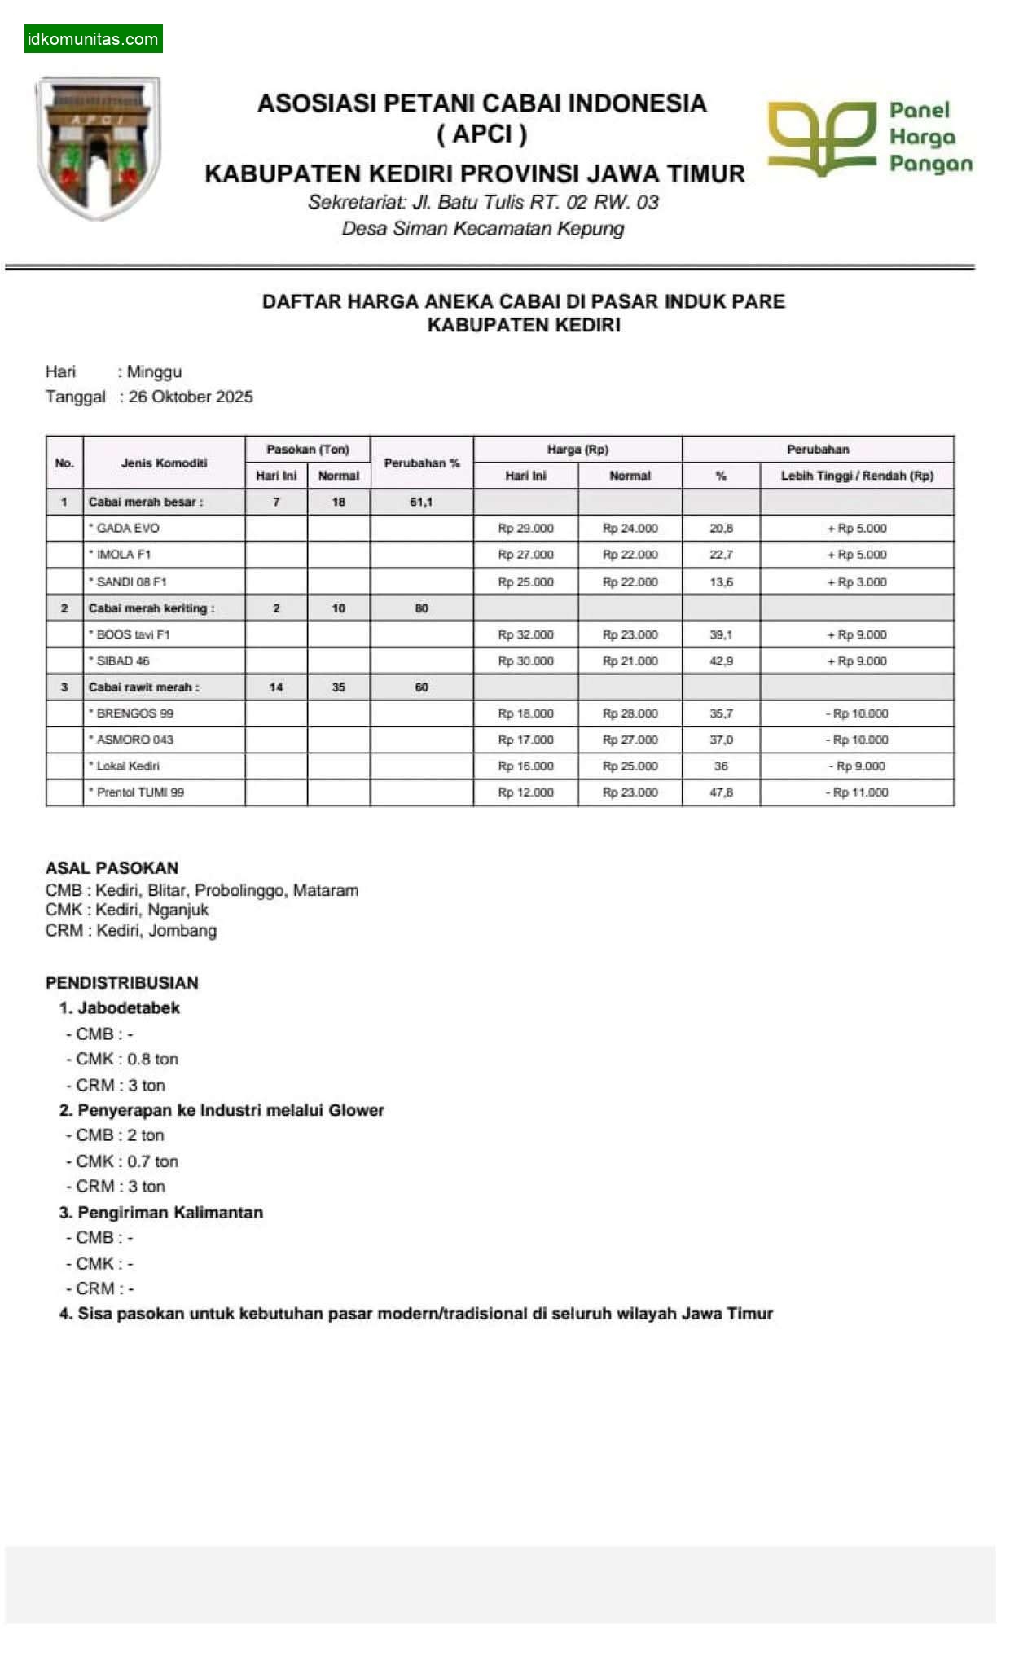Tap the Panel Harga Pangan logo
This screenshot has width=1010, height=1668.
pyautogui.click(x=869, y=138)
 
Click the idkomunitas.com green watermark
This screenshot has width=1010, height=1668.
pyautogui.click(x=93, y=38)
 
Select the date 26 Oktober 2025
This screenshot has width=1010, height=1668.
pyautogui.click(x=191, y=397)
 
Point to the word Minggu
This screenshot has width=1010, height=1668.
pyautogui.click(x=154, y=371)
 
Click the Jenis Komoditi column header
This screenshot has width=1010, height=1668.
pyautogui.click(x=164, y=463)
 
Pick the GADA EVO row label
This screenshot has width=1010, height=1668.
pyautogui.click(x=127, y=528)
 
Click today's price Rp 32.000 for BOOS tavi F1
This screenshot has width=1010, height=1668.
pyautogui.click(x=525, y=634)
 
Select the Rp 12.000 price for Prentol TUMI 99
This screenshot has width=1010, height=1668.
pyautogui.click(x=525, y=792)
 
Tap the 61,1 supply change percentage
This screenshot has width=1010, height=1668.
pyautogui.click(x=421, y=502)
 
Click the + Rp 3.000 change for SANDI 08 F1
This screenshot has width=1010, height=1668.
pyautogui.click(x=857, y=582)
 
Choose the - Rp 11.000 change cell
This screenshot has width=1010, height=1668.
pyautogui.click(x=857, y=792)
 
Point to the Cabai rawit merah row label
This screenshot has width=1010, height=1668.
pyautogui.click(x=143, y=687)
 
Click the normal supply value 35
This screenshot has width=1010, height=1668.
pyautogui.click(x=338, y=687)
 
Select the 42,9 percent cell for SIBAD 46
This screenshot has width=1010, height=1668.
pyautogui.click(x=721, y=661)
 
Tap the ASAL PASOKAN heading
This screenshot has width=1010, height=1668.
pyautogui.click(x=112, y=867)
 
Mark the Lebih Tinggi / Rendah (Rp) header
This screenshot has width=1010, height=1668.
pyautogui.click(x=857, y=476)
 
